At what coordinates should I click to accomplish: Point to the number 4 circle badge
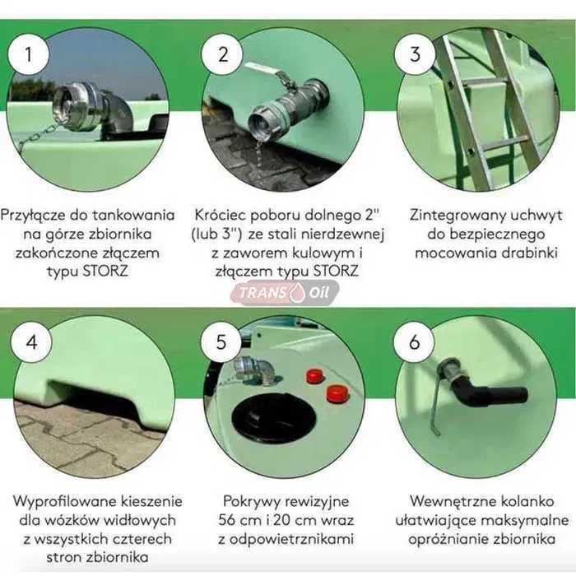coord(31,342)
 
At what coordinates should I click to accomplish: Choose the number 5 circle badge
coord(221,342)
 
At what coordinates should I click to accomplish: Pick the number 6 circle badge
coord(415,342)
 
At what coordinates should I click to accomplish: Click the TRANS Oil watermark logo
coord(286,293)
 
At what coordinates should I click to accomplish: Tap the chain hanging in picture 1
coord(37,137)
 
